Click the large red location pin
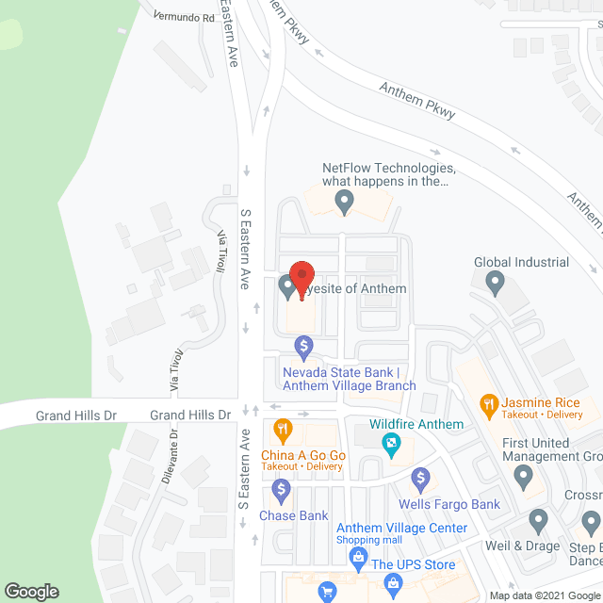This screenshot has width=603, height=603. coord(301,279)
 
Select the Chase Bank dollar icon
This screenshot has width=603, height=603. coord(281,490)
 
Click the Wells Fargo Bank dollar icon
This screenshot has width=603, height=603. coord(421,480)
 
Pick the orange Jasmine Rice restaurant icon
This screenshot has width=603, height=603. coord(489,406)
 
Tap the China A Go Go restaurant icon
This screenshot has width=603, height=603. coord(281,432)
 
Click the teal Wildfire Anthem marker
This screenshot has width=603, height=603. coord(388,443)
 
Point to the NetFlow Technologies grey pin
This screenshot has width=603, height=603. coord(345,200)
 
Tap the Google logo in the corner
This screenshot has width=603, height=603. coord(30,592)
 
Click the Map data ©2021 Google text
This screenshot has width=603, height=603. coord(543,595)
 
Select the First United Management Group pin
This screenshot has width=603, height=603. coord(525,478)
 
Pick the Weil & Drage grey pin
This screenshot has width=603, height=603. coord(538,519)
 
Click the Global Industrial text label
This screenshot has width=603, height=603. coord(521,262)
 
